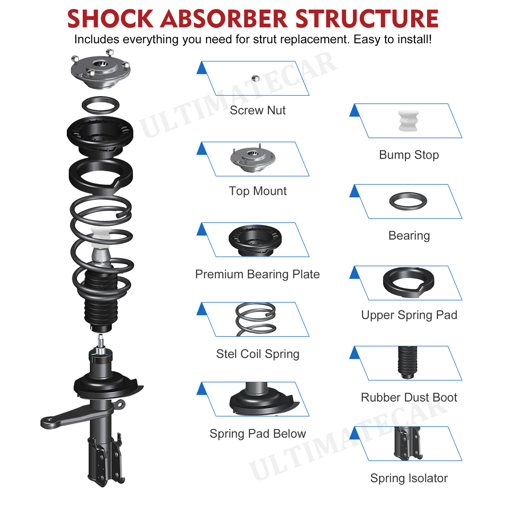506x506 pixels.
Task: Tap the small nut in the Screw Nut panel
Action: (x=256, y=78)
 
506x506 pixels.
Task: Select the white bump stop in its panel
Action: (x=408, y=121)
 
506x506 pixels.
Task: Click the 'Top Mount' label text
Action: (x=257, y=191)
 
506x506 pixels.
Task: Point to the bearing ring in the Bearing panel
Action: (x=408, y=201)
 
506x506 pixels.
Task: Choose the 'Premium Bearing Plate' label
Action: (x=257, y=274)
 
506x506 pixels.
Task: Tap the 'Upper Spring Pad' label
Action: (x=409, y=315)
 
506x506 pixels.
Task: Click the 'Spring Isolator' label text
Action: (x=409, y=478)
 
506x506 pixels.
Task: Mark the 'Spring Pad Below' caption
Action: (x=257, y=434)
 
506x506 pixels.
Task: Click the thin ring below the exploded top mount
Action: (x=101, y=105)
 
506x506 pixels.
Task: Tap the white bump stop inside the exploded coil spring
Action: (x=101, y=237)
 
